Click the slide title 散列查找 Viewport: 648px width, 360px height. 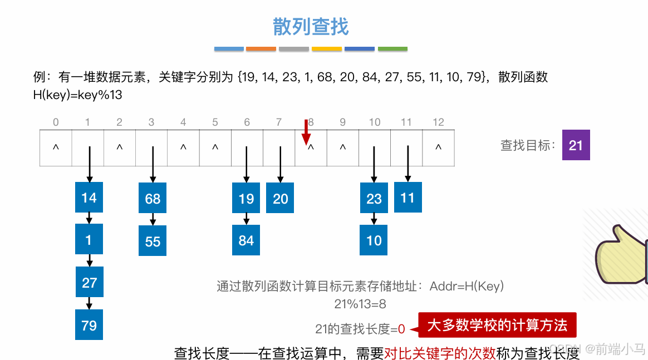click(311, 26)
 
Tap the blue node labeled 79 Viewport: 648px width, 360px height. click(89, 325)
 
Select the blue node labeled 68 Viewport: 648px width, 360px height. click(153, 199)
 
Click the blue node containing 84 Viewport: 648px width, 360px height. click(246, 240)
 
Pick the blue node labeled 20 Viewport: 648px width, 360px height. click(280, 199)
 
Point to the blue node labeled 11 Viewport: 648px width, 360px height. click(408, 198)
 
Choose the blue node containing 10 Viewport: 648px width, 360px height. click(374, 240)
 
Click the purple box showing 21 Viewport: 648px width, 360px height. click(576, 145)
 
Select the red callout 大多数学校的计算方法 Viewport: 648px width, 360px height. click(497, 326)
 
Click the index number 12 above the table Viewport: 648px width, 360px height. click(438, 122)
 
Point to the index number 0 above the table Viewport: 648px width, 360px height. click(56, 122)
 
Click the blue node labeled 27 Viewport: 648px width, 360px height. click(89, 283)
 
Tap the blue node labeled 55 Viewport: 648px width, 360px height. click(153, 241)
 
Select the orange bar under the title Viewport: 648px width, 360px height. click(261, 49)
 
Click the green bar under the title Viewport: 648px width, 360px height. click(392, 49)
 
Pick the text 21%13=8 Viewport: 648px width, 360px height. click(360, 304)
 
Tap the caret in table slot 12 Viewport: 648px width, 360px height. click(438, 148)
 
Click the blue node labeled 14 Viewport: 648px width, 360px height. click(89, 198)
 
